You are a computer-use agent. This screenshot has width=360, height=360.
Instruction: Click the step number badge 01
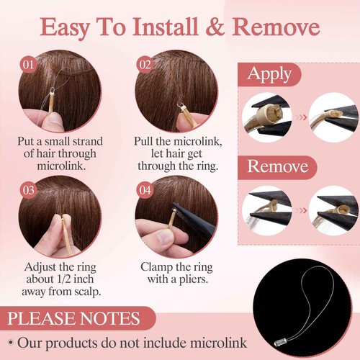(30, 64)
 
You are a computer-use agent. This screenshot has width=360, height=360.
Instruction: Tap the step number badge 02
(145, 64)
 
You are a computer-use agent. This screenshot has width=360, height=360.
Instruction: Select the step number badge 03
(30, 190)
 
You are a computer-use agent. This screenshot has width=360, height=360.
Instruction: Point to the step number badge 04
(145, 190)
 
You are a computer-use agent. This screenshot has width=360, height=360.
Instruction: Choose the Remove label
(278, 166)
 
